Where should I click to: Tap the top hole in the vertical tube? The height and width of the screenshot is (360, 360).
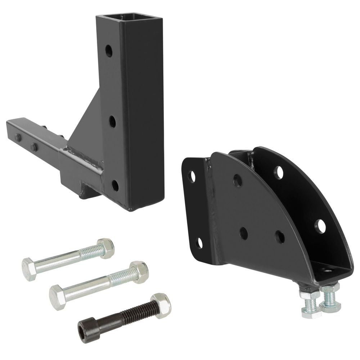click(109, 51)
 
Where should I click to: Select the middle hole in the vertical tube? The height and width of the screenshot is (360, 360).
click(112, 121)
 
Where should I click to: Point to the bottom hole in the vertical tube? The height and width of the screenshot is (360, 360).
click(115, 185)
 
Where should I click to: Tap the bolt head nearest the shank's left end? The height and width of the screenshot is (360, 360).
click(18, 137)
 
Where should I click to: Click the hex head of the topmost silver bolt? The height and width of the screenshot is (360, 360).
click(28, 269)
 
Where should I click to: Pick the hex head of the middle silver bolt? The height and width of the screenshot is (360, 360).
click(57, 296)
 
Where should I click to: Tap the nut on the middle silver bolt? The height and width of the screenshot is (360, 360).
click(139, 272)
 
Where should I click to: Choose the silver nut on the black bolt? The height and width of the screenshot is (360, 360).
click(161, 305)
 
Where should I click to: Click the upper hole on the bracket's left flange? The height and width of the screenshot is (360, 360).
click(192, 176)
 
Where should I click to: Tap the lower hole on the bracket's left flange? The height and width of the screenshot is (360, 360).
click(199, 243)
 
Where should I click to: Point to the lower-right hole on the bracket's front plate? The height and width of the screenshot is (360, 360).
click(280, 237)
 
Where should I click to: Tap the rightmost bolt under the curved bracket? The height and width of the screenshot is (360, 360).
click(330, 297)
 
